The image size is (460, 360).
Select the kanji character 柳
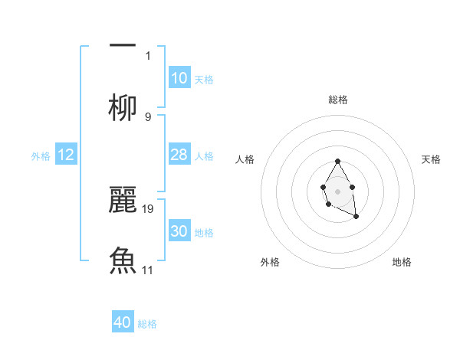pyautogui.click(x=123, y=107)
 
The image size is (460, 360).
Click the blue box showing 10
pyautogui.click(x=179, y=78)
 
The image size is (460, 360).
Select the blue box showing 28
pyautogui.click(x=179, y=155)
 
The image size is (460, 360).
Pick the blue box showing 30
pyautogui.click(x=179, y=232)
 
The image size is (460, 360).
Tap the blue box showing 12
pyautogui.click(x=66, y=155)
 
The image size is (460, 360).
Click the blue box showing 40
pyautogui.click(x=123, y=322)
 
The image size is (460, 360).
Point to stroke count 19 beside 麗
pyautogui.click(x=148, y=208)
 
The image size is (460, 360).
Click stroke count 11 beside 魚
pyautogui.click(x=148, y=270)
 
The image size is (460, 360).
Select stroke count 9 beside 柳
pyautogui.click(x=148, y=116)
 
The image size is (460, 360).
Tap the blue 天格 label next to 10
pyautogui.click(x=204, y=80)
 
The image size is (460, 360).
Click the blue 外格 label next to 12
pyautogui.click(x=41, y=156)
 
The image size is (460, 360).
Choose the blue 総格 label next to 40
pyautogui.click(x=147, y=324)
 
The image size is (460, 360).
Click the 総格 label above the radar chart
pyautogui.click(x=338, y=100)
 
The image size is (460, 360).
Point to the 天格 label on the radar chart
pyautogui.click(x=431, y=159)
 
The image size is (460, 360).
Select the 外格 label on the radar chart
pyautogui.click(x=270, y=262)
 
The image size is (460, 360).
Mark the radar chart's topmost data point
pyautogui.click(x=337, y=162)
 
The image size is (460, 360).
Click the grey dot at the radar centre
pyautogui.click(x=337, y=191)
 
